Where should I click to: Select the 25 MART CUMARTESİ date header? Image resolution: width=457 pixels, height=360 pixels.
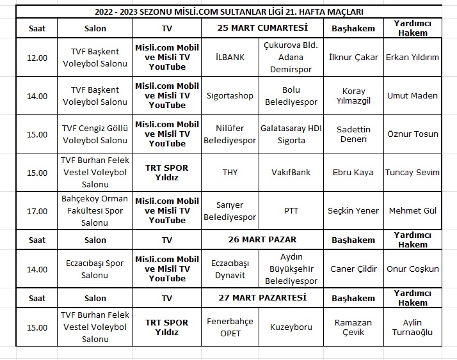(262, 27)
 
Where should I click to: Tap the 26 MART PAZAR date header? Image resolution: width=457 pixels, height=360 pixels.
(262, 240)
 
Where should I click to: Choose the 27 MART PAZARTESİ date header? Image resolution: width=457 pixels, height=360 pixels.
(262, 297)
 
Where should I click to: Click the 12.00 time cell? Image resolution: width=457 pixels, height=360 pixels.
(37, 58)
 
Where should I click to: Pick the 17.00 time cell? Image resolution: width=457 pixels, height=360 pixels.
(37, 211)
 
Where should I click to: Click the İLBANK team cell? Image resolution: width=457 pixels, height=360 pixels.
(230, 58)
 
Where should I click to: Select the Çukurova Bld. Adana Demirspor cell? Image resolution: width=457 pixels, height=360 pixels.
(291, 58)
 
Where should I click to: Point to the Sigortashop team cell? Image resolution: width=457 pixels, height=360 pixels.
(230, 96)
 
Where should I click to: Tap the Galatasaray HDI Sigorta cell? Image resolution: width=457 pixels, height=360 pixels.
(291, 134)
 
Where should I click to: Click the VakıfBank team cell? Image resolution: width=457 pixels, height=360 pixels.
(291, 173)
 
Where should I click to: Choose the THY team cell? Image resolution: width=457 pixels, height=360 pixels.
(230, 173)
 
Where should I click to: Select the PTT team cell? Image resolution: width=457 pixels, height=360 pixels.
(291, 211)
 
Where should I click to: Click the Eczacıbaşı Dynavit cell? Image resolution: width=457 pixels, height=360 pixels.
(230, 269)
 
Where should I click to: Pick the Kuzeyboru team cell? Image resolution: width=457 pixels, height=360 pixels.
(291, 327)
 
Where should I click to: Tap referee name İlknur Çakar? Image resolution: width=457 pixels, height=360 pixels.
(353, 58)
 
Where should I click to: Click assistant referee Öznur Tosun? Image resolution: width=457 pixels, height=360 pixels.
(413, 134)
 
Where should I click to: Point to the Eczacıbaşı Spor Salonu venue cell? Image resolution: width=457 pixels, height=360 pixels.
(95, 269)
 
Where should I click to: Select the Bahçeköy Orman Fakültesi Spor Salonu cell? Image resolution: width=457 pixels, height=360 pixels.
(95, 211)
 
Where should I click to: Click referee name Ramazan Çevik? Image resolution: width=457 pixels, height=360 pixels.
(353, 327)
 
